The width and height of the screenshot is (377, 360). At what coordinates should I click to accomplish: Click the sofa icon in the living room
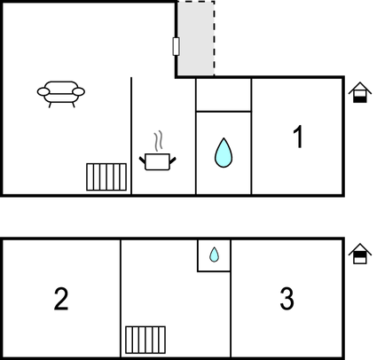point(61,94)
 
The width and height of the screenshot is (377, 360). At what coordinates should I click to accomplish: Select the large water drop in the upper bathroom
point(224,153)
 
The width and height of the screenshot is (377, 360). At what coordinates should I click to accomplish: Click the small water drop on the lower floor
point(214,254)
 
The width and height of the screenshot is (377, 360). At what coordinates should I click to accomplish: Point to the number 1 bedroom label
point(299,137)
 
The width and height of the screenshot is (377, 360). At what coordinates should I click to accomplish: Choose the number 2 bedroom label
point(61,299)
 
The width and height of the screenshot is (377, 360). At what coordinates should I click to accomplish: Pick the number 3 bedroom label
point(287,299)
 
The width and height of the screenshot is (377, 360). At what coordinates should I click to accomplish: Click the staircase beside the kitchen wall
point(106,176)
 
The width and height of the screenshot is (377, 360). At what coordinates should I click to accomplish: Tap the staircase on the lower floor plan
point(145,340)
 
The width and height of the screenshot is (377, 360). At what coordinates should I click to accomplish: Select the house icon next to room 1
point(360,92)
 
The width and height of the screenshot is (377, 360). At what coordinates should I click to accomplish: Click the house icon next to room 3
point(360,254)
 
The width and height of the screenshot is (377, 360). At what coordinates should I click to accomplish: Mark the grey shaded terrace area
point(196,38)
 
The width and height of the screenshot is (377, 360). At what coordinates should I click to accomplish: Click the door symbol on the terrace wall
point(176,46)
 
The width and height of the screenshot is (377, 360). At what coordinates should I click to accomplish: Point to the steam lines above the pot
point(159,141)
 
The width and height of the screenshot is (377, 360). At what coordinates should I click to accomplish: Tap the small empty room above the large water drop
point(224,95)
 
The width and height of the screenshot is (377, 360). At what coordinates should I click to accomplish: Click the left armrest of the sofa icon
point(43,91)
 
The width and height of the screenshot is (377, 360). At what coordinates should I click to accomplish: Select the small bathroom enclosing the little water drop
point(214,255)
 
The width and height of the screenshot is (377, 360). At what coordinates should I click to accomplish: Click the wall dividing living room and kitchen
point(131,136)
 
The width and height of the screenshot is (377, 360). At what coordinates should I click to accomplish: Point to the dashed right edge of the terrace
point(215,38)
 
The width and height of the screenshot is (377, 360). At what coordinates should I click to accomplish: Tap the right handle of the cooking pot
point(173,160)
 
